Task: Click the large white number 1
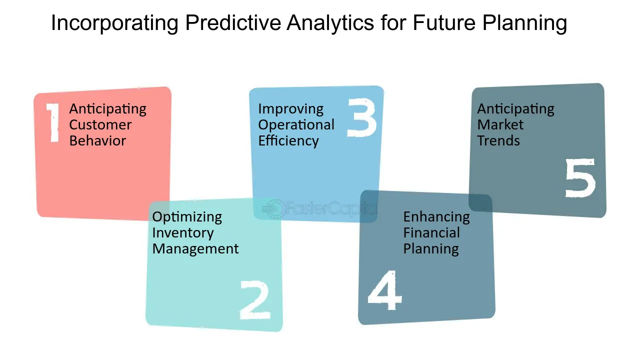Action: (53, 122)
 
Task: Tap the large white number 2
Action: (255, 300)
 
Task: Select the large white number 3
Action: (362, 117)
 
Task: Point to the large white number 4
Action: (385, 290)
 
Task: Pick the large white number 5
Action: (580, 177)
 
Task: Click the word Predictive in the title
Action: (233, 23)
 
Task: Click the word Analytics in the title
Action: (330, 23)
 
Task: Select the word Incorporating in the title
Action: (115, 23)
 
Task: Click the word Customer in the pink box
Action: (100, 125)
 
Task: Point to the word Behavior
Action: (97, 141)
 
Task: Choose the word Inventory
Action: (183, 233)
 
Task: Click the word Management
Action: (195, 249)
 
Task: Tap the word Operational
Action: (296, 125)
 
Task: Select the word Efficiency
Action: (288, 141)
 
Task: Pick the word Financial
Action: (431, 232)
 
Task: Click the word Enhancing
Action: (436, 217)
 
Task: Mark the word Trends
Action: (498, 141)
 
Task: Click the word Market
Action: (500, 125)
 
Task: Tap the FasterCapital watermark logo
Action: (319, 208)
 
